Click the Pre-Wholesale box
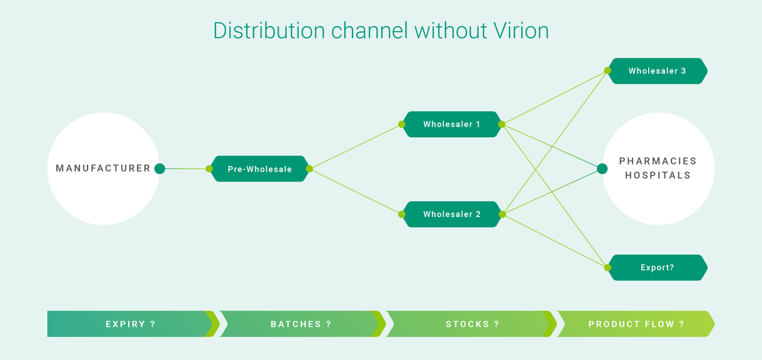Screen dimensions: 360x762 (259, 169)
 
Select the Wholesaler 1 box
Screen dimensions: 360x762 (451, 124)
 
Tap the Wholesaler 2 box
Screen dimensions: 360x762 (451, 214)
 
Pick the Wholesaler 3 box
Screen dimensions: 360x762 (657, 71)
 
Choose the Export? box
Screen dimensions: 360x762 (657, 268)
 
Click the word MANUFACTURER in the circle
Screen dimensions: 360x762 (103, 169)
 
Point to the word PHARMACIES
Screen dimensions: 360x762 (657, 161)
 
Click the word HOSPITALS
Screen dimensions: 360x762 (657, 175)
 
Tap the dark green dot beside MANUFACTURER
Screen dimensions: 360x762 (160, 169)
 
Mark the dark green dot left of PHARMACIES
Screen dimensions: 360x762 (602, 169)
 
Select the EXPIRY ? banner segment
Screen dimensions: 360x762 (130, 324)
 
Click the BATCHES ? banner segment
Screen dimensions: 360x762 (300, 324)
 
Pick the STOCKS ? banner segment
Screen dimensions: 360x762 (472, 324)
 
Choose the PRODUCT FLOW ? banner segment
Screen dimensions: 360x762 (636, 324)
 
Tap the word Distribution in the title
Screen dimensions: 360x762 (269, 30)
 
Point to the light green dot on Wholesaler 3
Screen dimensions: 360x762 (607, 71)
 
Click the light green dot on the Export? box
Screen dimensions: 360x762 (607, 268)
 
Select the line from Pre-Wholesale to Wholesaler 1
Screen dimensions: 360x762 (355, 147)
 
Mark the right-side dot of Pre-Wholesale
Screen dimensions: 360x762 (309, 169)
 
